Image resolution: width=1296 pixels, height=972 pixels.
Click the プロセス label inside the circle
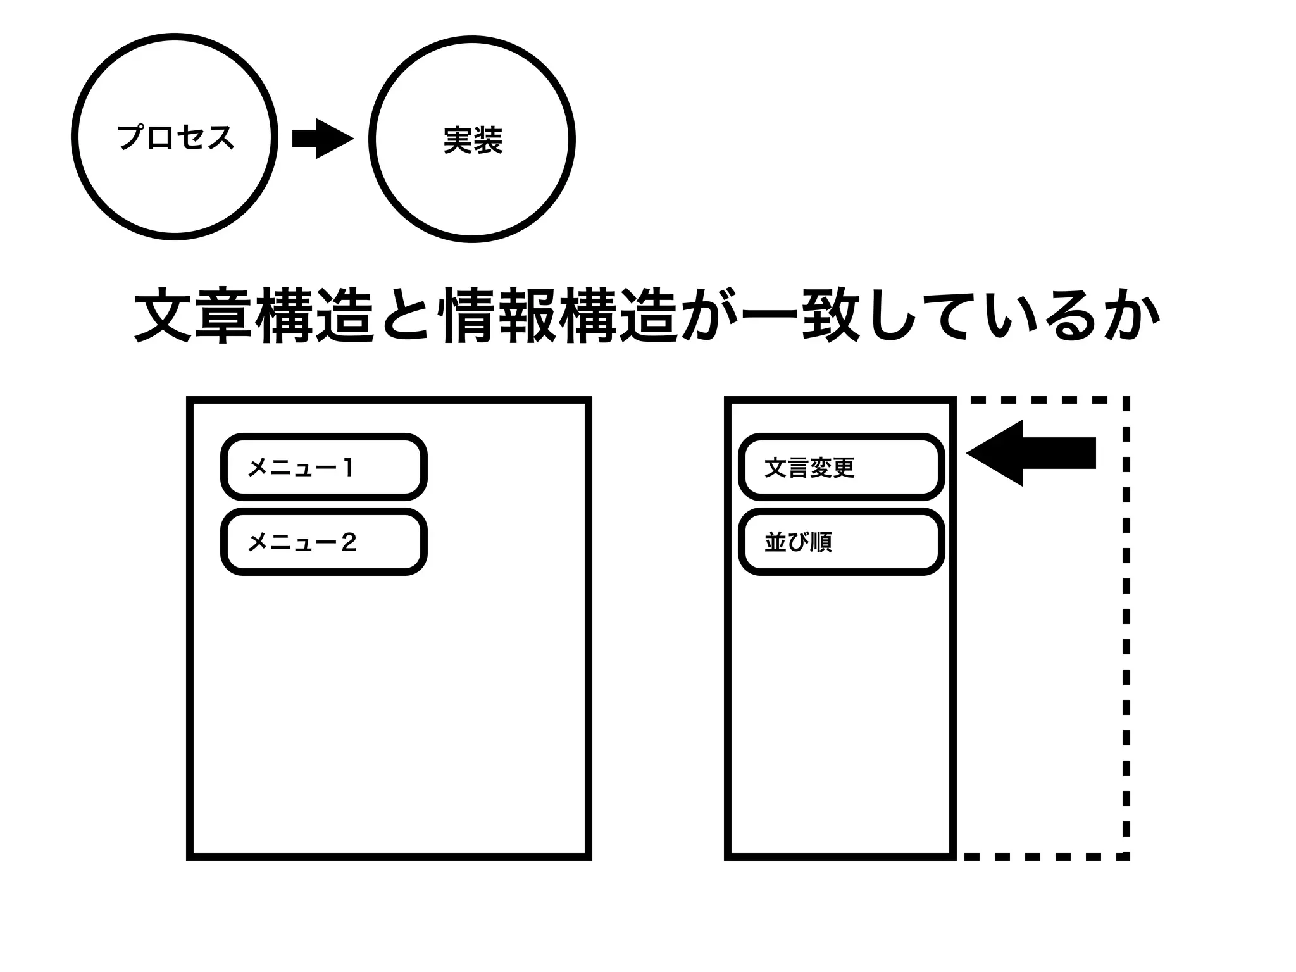175,137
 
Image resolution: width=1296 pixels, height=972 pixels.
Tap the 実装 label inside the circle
473,140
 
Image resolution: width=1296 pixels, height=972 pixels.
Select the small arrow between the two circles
322,139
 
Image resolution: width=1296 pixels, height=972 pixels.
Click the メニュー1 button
323,467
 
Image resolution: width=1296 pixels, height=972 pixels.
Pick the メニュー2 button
323,542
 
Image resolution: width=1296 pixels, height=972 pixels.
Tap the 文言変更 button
841,467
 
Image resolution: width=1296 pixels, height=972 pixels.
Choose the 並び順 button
841,542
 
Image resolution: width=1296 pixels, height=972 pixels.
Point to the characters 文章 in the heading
193,316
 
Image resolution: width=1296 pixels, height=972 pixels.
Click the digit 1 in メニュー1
347,468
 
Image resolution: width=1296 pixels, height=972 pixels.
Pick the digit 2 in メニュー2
349,542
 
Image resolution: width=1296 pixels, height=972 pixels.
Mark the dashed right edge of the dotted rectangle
1126,626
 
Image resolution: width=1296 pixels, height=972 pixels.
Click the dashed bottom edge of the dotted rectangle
1044,856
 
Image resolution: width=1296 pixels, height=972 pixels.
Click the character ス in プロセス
220,137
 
